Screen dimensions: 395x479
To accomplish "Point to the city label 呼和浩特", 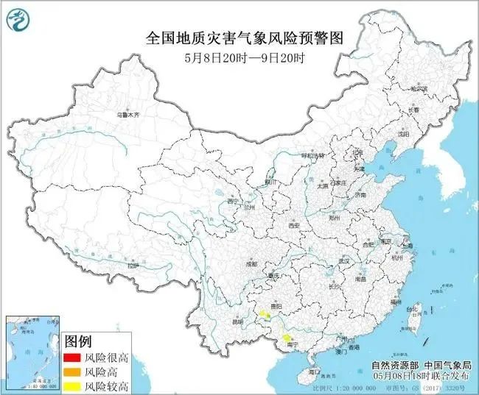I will pyautogui.click(x=313, y=156).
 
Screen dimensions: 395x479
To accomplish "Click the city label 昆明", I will pyautogui.click(x=237, y=321).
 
